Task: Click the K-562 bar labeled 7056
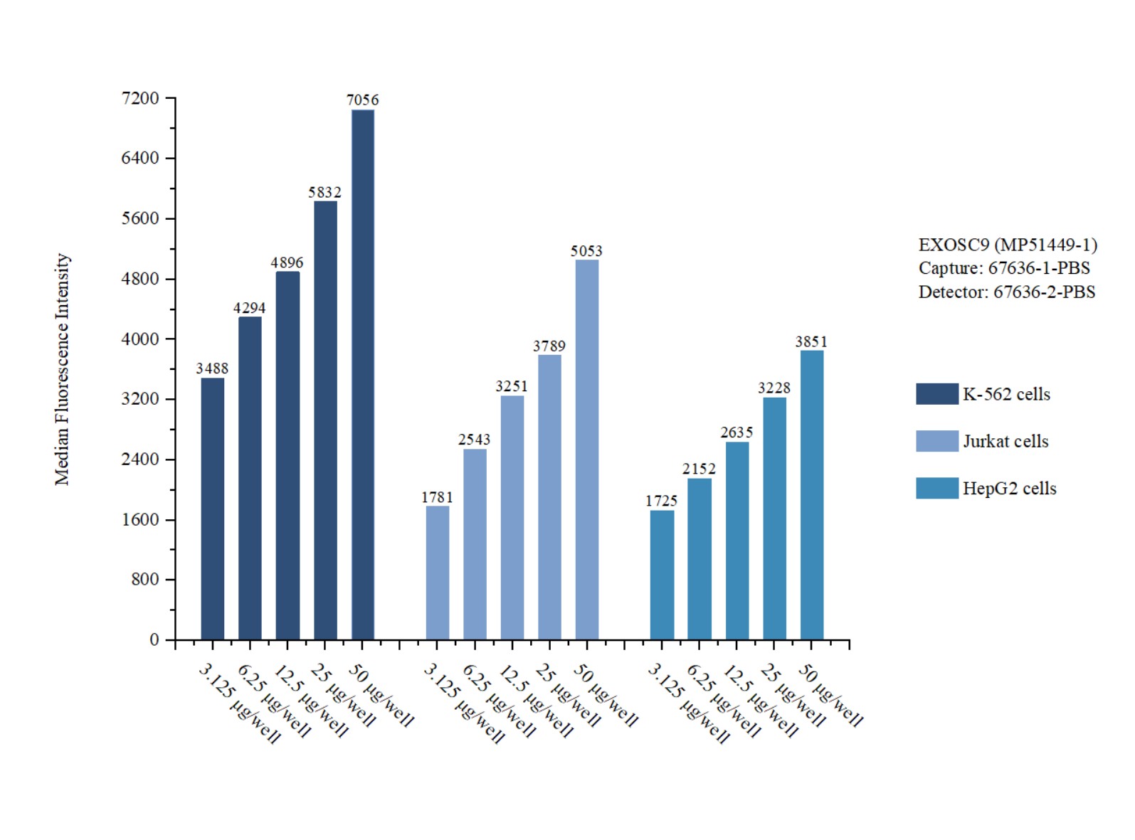[362, 374]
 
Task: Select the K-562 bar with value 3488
[212, 509]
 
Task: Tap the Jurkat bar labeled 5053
[586, 450]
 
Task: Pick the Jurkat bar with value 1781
[437, 573]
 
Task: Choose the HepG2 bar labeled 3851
[811, 495]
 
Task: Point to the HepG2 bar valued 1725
[662, 575]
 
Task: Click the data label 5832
[324, 192]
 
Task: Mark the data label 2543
[474, 440]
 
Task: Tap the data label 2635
[737, 432]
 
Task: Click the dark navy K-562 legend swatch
[936, 394]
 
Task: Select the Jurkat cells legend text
[1005, 442]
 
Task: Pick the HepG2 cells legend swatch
[936, 489]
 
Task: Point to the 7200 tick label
[140, 98]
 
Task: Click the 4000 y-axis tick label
[140, 339]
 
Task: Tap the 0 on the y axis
[154, 640]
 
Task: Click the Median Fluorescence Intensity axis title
[63, 369]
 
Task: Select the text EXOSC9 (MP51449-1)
[1008, 245]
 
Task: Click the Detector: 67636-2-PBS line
[1006, 292]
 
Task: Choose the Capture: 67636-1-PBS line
[1003, 268]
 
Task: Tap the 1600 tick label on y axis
[140, 520]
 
